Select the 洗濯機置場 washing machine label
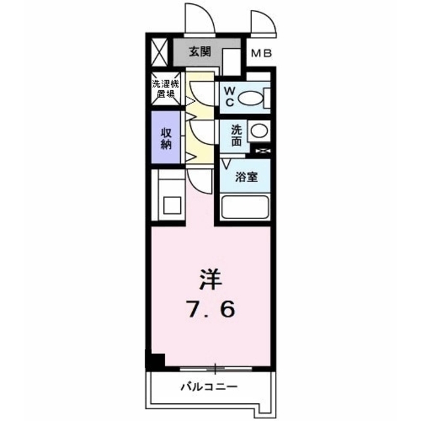164,89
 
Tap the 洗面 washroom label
235,135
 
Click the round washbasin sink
259,130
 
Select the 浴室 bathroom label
247,177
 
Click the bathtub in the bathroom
245,207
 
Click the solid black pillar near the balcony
154,361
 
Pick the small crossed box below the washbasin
262,152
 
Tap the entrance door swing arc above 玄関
200,20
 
